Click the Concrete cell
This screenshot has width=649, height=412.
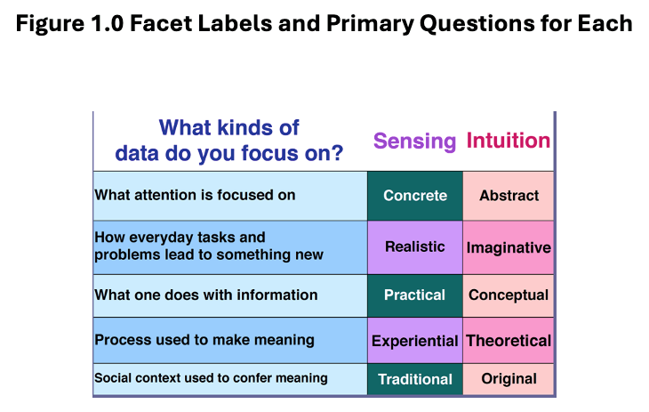click(x=415, y=196)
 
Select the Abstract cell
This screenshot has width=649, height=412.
click(x=509, y=196)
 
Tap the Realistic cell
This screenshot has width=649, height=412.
click(x=415, y=246)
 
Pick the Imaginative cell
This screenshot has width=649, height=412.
click(x=509, y=247)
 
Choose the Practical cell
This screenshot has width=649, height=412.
click(x=415, y=295)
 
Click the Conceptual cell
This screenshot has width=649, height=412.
click(x=509, y=295)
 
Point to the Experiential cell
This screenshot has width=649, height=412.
click(x=415, y=341)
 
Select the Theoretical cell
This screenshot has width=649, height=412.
click(x=509, y=341)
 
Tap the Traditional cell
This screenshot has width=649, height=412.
click(x=415, y=379)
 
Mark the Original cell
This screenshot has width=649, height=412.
click(x=509, y=379)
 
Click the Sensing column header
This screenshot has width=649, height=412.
click(x=415, y=141)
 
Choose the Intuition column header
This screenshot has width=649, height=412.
click(x=509, y=141)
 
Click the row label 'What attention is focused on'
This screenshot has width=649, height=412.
click(x=195, y=195)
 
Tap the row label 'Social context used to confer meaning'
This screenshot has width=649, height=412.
click(x=211, y=378)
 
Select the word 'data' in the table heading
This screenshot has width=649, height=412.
click(x=136, y=153)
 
